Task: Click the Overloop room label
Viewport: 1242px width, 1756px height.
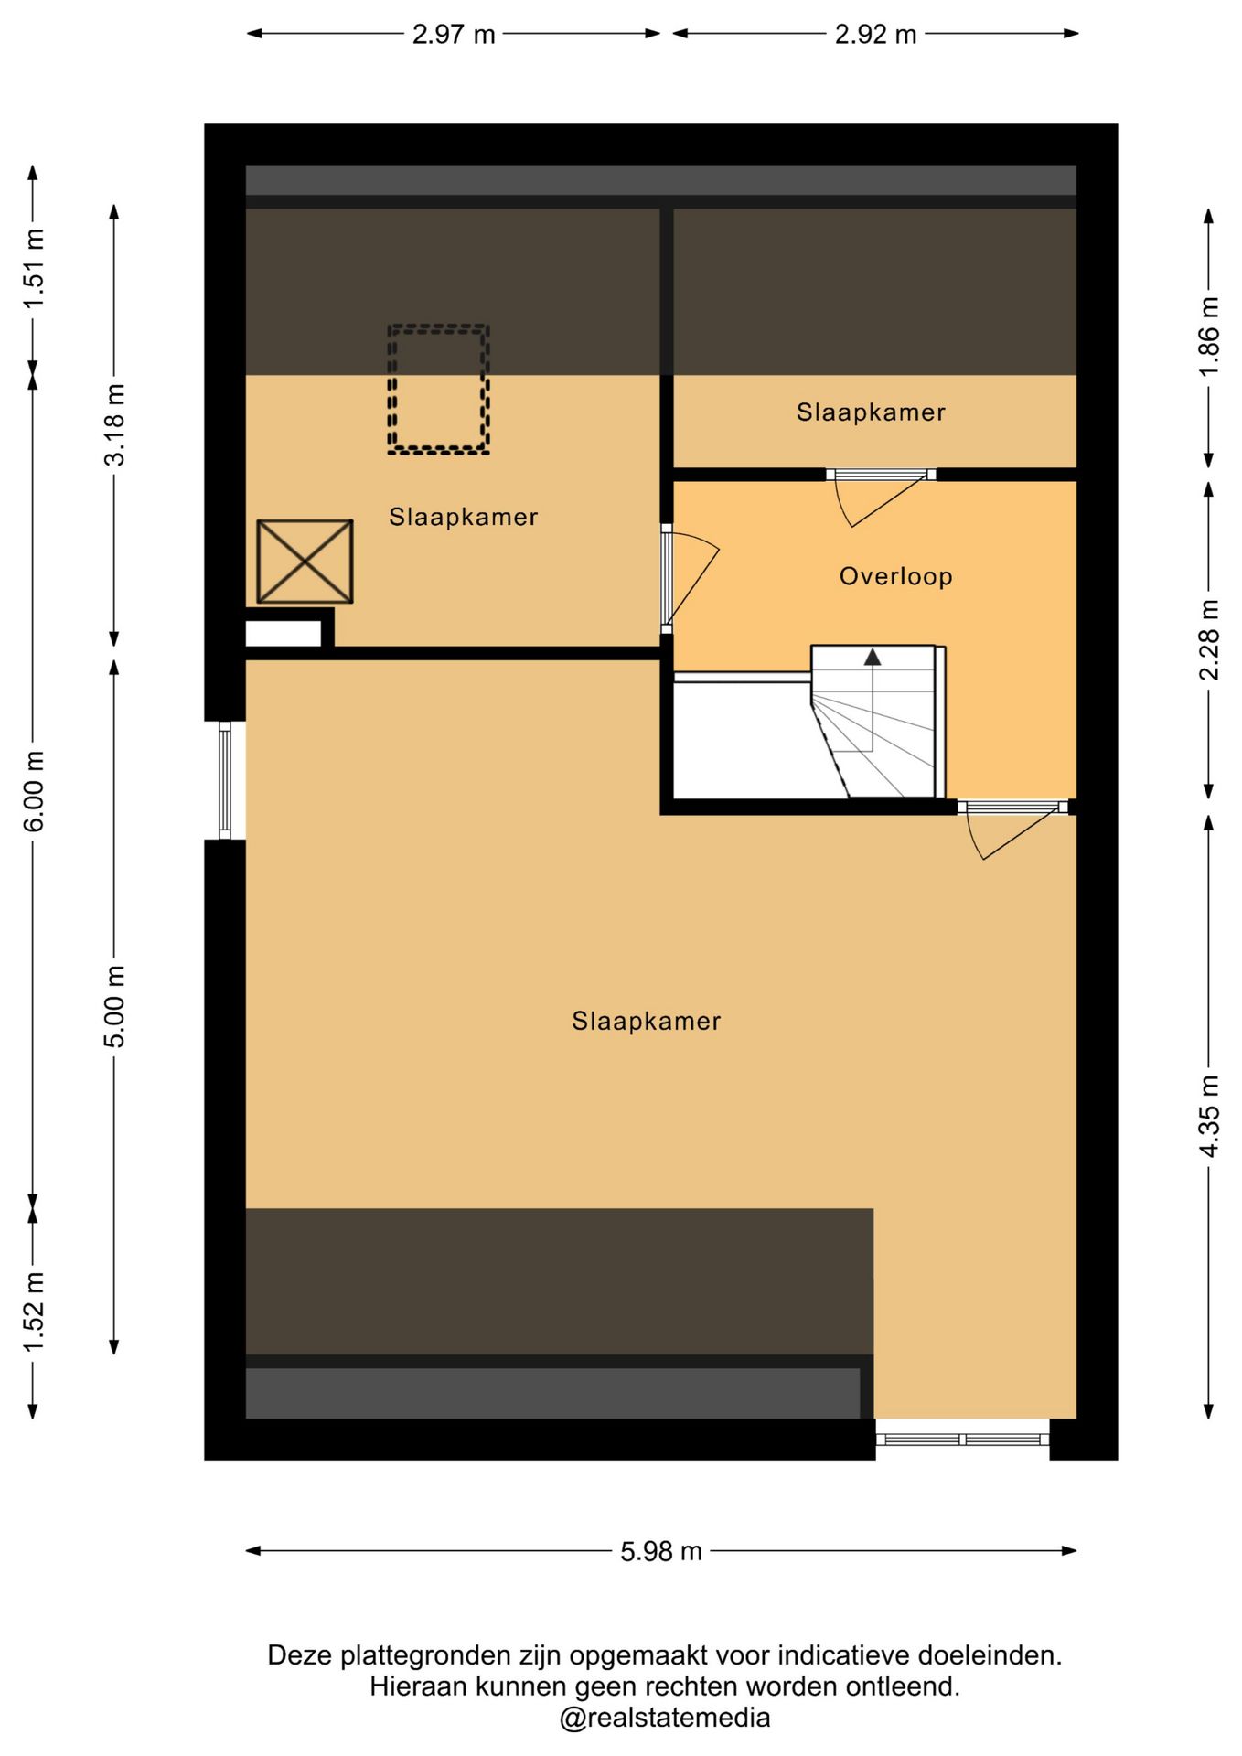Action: (x=895, y=576)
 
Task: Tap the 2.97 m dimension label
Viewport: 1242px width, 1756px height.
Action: (x=454, y=35)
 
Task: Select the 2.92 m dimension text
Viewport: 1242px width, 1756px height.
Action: (x=875, y=35)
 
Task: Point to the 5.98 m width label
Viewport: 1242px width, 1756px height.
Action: (x=661, y=1551)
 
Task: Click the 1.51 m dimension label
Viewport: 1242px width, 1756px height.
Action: (x=34, y=268)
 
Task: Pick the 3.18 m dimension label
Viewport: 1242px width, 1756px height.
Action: (x=114, y=424)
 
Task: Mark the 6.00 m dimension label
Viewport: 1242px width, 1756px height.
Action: (x=34, y=791)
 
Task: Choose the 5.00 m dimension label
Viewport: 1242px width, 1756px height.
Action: (x=114, y=1006)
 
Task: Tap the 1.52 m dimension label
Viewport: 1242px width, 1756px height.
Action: (x=34, y=1312)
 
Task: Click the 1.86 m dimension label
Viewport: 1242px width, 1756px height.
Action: (x=1209, y=336)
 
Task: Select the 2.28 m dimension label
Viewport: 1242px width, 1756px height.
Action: (x=1209, y=640)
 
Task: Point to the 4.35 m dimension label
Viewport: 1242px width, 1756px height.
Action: (x=1209, y=1116)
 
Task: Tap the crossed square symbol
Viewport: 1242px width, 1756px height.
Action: (x=305, y=562)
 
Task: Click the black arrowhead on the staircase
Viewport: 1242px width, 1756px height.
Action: (x=873, y=657)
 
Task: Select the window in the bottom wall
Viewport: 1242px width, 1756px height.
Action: (x=962, y=1440)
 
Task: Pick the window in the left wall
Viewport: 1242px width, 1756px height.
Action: (x=225, y=780)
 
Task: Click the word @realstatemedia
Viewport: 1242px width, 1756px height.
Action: (x=665, y=1718)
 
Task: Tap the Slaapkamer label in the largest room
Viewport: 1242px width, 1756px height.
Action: (x=647, y=1021)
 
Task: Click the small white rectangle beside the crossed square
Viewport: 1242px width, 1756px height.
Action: (x=284, y=634)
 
